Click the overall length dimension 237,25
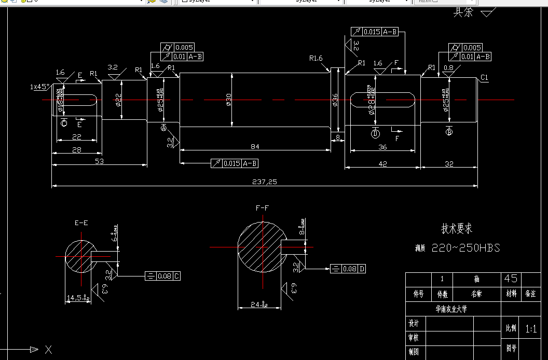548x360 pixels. coord(265,182)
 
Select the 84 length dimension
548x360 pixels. coord(254,147)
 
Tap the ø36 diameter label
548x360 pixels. coord(335,100)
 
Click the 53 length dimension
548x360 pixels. coord(100,162)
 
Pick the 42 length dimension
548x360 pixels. coord(382,164)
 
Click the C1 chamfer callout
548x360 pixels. coord(484,78)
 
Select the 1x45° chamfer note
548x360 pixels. coord(40,87)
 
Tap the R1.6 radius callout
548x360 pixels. coord(316,58)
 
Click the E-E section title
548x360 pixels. coord(81,223)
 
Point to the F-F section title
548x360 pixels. coord(263,208)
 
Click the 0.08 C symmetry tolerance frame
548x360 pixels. coord(163,276)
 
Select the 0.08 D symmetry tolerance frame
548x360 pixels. coord(348,269)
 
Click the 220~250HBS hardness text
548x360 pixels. coord(466,248)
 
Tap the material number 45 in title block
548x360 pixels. coord(511,279)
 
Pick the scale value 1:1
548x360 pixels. coord(531,329)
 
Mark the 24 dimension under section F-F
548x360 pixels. coord(259,305)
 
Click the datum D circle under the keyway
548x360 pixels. coord(375,134)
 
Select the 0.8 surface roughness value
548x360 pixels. coord(448,67)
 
